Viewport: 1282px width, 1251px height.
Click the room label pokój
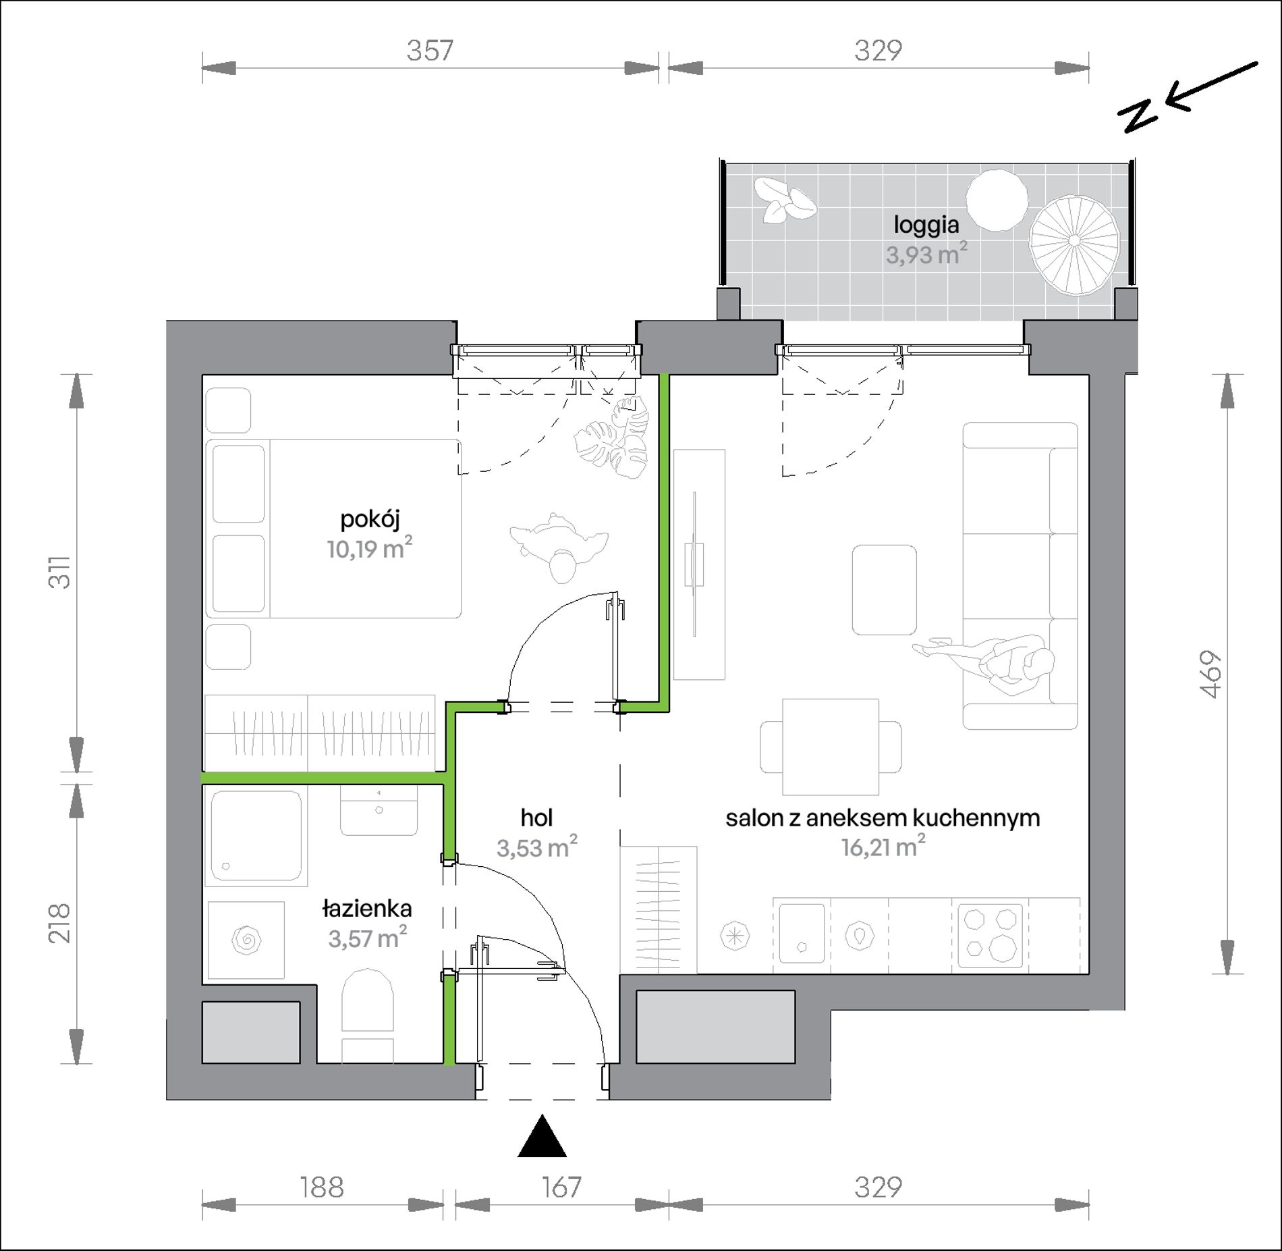click(370, 520)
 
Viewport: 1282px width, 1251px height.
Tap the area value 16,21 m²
click(883, 847)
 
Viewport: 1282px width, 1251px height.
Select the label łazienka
click(367, 909)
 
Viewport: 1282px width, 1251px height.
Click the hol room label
click(536, 818)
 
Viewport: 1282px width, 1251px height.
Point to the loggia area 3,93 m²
click(926, 254)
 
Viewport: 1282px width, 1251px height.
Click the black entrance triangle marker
click(541, 1136)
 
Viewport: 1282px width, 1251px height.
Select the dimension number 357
click(430, 51)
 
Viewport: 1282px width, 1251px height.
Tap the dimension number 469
click(1212, 674)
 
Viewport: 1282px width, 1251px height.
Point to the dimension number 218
click(59, 923)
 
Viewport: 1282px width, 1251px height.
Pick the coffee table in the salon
click(884, 590)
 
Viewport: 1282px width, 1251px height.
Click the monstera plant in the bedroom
click(611, 438)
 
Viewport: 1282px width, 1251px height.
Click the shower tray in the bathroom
click(256, 835)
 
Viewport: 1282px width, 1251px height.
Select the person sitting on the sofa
click(989, 662)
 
